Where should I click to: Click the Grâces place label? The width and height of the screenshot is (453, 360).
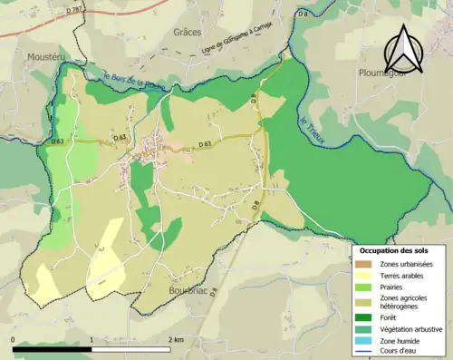[x=187, y=32]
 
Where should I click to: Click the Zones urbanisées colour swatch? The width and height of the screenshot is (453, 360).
[x=362, y=264]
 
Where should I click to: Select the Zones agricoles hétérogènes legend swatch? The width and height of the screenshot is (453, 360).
[x=362, y=300]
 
